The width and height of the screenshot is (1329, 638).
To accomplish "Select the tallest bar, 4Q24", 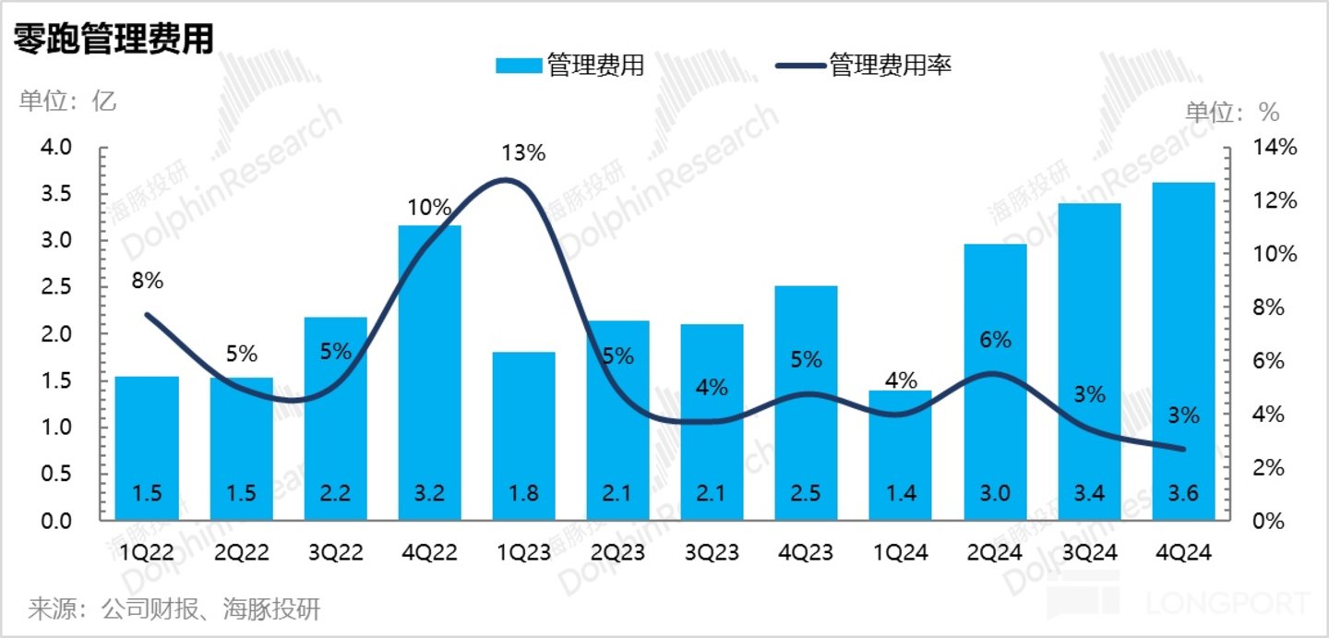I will [1183, 351].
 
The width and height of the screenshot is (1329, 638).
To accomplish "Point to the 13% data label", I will [524, 153].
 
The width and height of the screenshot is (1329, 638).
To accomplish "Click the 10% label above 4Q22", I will [429, 208].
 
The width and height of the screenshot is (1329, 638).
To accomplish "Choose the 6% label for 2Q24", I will [995, 340].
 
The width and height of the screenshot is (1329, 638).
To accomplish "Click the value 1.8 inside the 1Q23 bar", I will [524, 494].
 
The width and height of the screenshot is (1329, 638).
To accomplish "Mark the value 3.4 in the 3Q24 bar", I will [1089, 494].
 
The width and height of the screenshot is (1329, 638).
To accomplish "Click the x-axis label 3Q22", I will [335, 552].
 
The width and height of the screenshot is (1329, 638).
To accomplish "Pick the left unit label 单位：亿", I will [67, 101].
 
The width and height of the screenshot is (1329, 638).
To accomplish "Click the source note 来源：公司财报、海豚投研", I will [174, 610].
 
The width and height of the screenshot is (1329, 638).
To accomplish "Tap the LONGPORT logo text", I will [1227, 605].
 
